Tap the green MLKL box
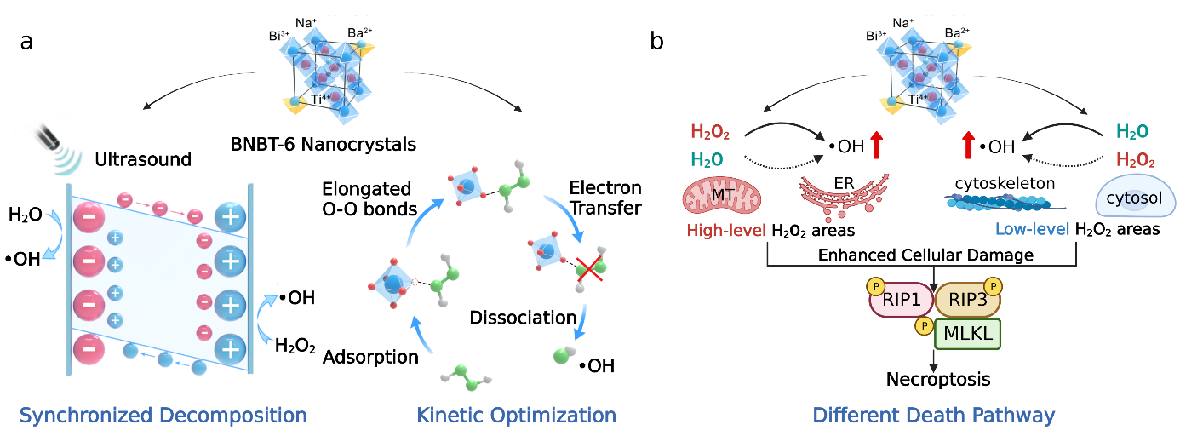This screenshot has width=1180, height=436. (x=968, y=334)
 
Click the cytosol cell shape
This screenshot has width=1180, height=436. (x=1134, y=198)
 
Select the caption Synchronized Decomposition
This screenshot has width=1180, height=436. (x=163, y=416)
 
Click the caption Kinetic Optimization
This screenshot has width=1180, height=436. (x=516, y=416)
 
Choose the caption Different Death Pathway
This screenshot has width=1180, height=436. (x=934, y=416)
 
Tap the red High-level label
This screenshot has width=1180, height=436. (x=727, y=230)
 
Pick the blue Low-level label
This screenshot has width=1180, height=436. (x=1032, y=230)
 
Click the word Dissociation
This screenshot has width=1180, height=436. (x=523, y=318)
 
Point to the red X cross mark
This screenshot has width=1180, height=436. (x=590, y=269)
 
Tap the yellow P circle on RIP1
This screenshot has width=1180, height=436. (x=874, y=286)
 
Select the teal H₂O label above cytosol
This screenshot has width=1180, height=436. (x=1132, y=132)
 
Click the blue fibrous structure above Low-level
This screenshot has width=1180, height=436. (x=1005, y=202)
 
